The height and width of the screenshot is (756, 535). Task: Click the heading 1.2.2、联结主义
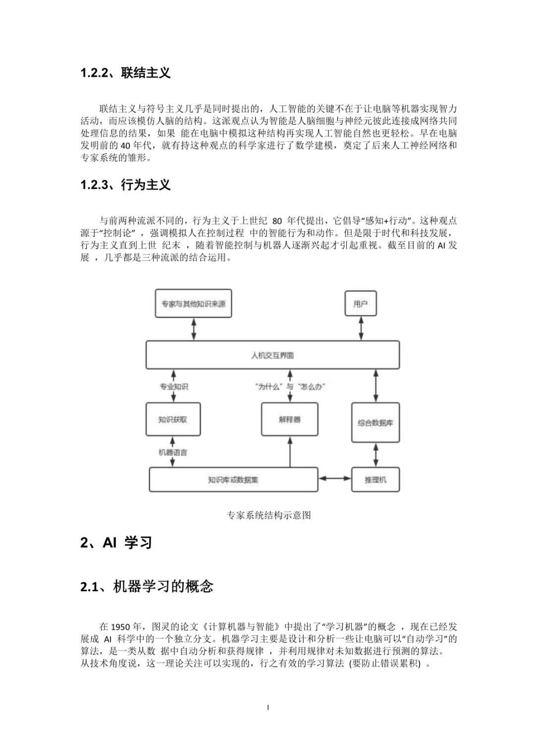125,73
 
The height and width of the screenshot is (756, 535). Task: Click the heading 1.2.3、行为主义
125,185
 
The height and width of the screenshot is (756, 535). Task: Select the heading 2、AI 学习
116,543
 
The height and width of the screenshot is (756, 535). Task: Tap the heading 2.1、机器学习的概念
147,587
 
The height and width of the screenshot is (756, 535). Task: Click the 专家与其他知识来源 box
193,303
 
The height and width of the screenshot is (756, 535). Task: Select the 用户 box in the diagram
360,303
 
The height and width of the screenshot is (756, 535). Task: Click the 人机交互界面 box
272,355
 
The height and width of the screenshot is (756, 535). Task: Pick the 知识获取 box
173,419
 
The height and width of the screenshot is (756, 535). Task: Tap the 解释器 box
289,419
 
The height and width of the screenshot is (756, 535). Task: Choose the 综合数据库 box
375,423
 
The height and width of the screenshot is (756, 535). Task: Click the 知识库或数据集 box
233,479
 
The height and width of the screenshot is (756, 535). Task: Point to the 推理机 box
375,479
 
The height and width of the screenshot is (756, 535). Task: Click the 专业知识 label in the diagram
173,387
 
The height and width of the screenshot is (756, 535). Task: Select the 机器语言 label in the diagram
173,452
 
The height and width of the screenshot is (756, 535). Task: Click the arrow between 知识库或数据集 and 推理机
335,478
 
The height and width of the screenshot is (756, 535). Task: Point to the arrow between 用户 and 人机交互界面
361,328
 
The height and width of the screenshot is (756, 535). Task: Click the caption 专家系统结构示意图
268,515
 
